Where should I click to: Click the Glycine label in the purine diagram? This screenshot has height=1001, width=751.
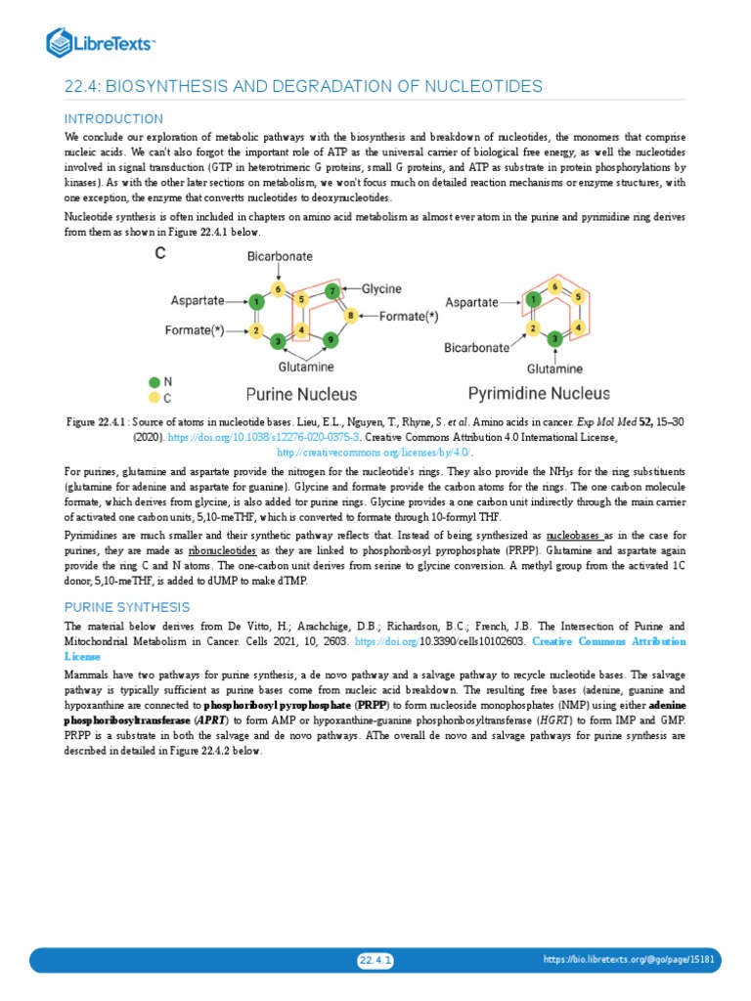[382, 289]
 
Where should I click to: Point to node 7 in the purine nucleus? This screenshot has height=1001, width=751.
[333, 291]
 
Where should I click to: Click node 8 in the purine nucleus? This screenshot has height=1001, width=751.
[350, 315]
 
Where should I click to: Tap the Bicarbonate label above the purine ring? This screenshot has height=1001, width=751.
[280, 256]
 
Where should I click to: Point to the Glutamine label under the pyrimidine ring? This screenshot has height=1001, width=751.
[554, 369]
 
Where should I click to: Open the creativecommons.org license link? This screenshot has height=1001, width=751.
[375, 453]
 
